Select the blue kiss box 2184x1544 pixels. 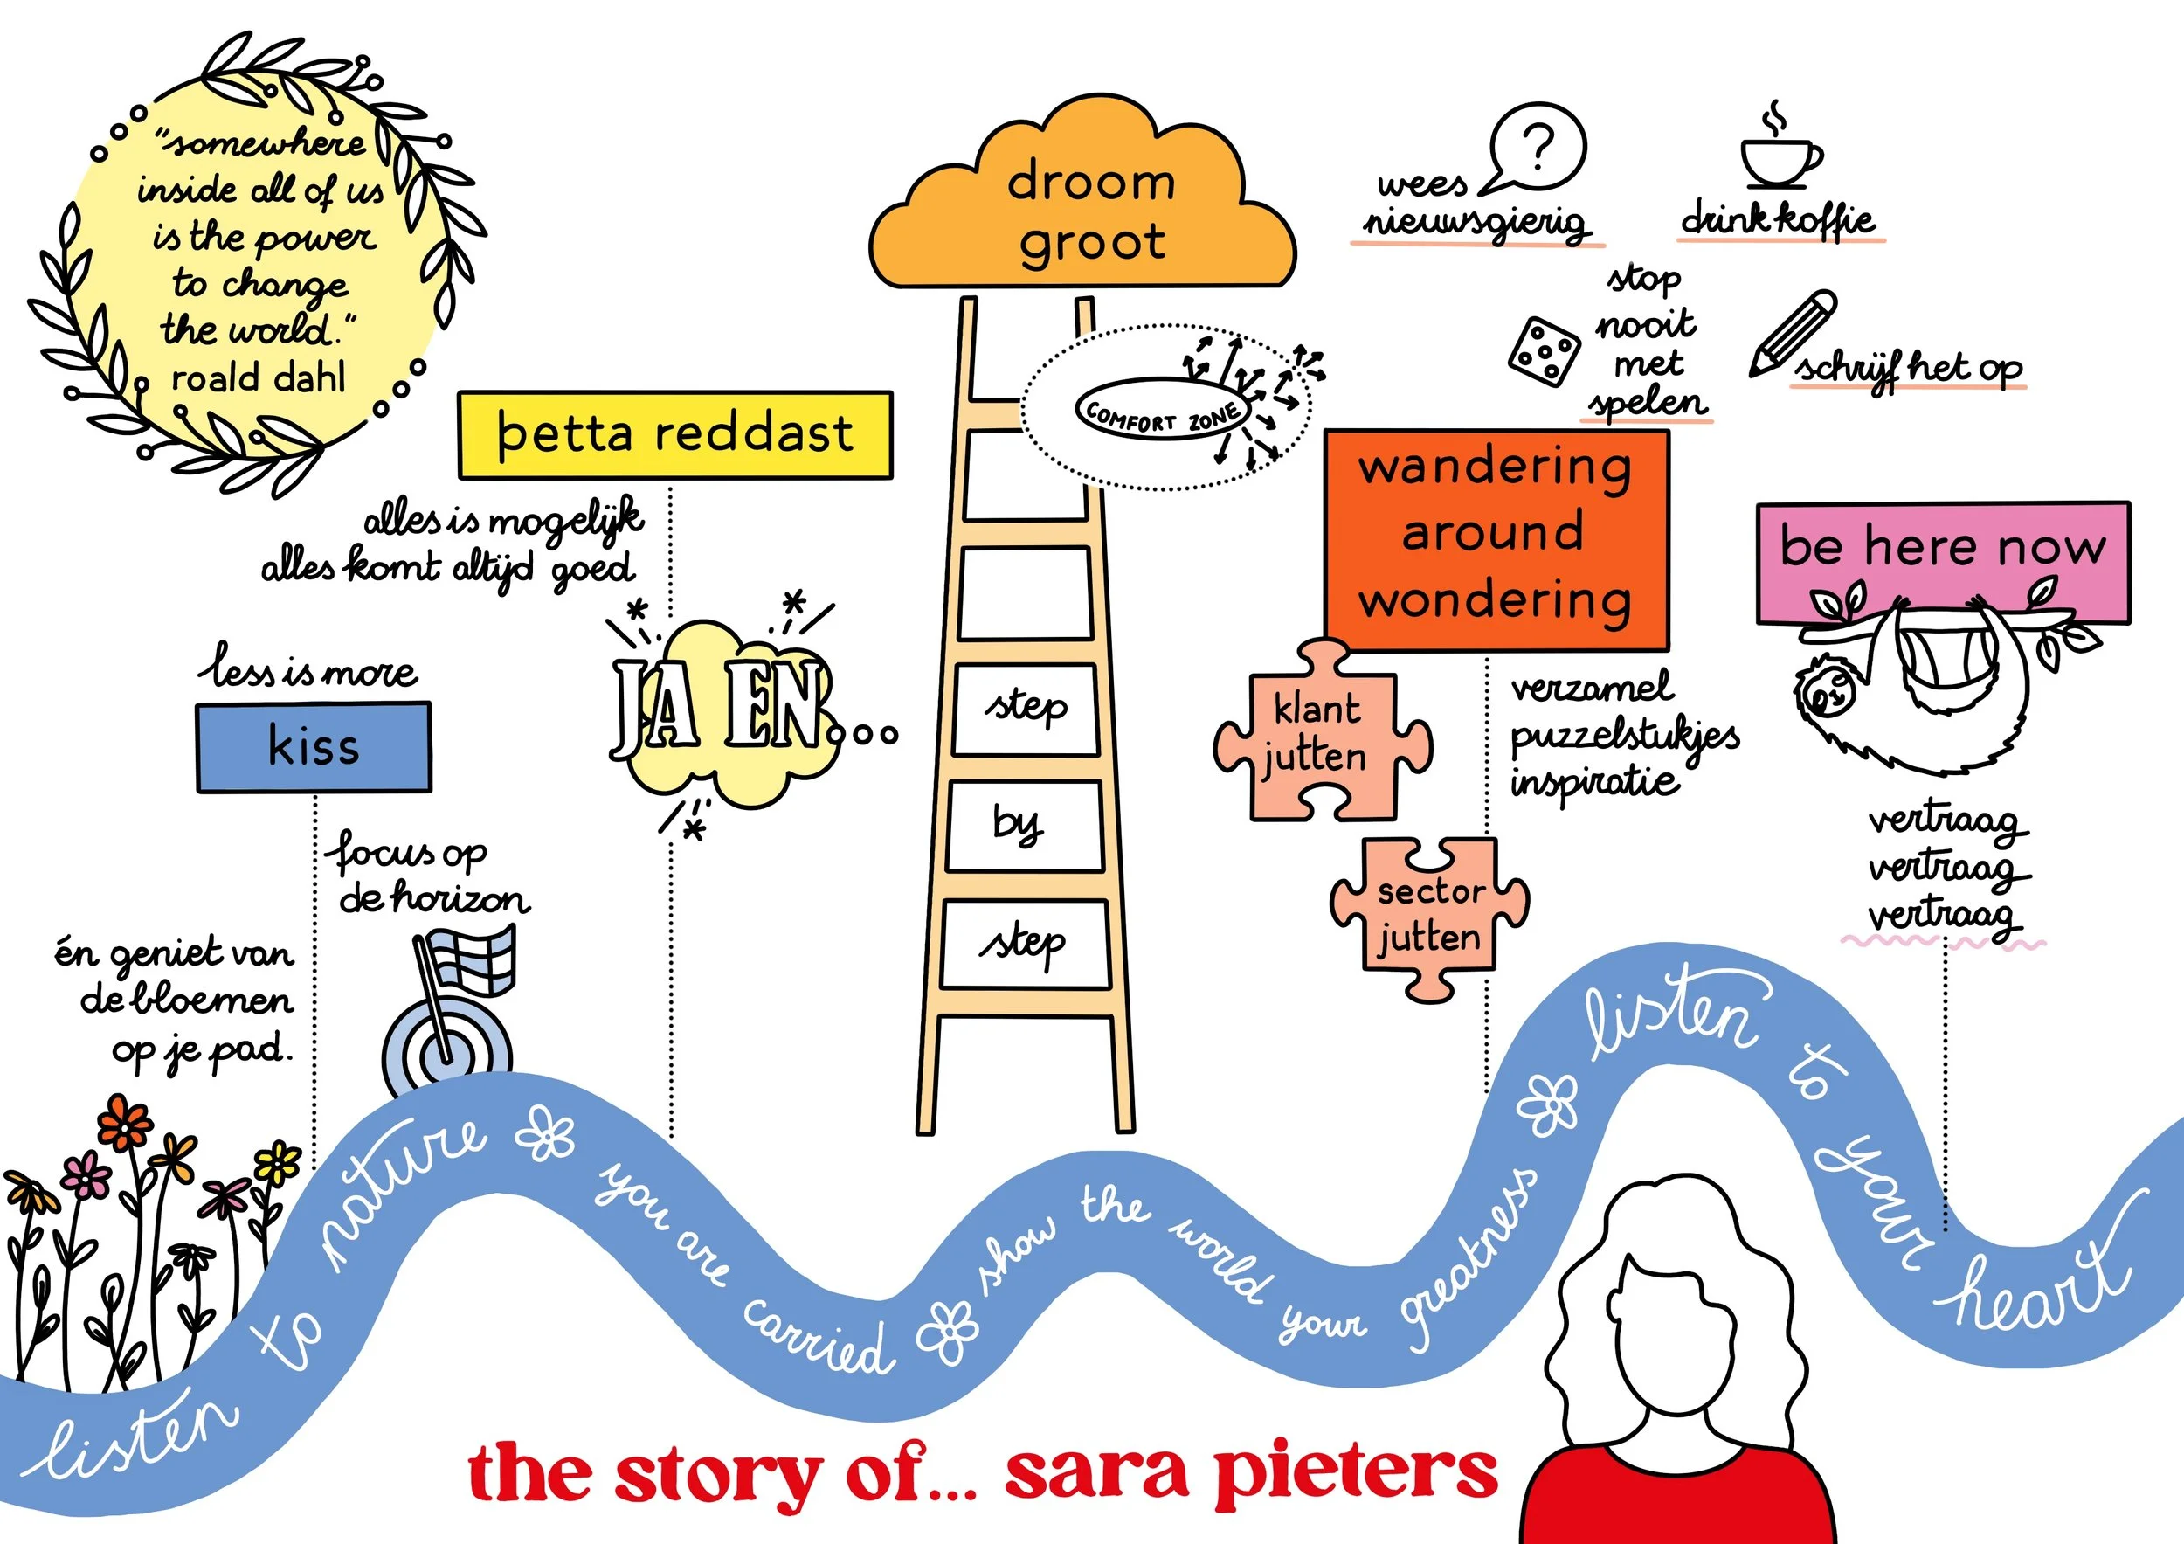click(x=314, y=747)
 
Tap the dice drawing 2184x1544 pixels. click(x=1543, y=352)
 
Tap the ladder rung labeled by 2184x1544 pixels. click(x=1024, y=825)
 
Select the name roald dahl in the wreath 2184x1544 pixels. click(x=258, y=378)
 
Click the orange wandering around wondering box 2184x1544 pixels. click(x=1496, y=538)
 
